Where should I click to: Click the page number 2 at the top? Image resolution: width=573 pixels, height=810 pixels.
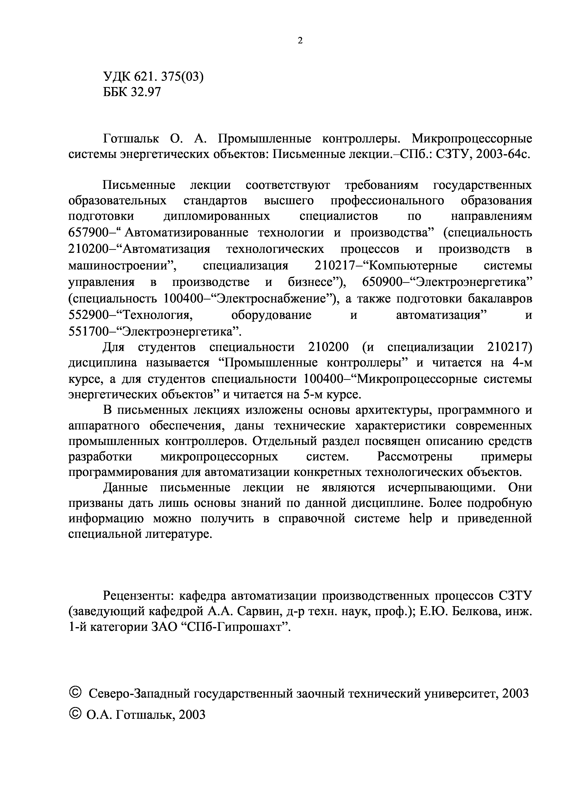pos(300,41)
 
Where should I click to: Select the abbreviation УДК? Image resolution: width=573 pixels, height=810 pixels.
pos(117,77)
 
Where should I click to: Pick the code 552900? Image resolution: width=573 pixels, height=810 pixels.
pos(89,315)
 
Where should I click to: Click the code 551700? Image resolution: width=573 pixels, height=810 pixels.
pos(89,332)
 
